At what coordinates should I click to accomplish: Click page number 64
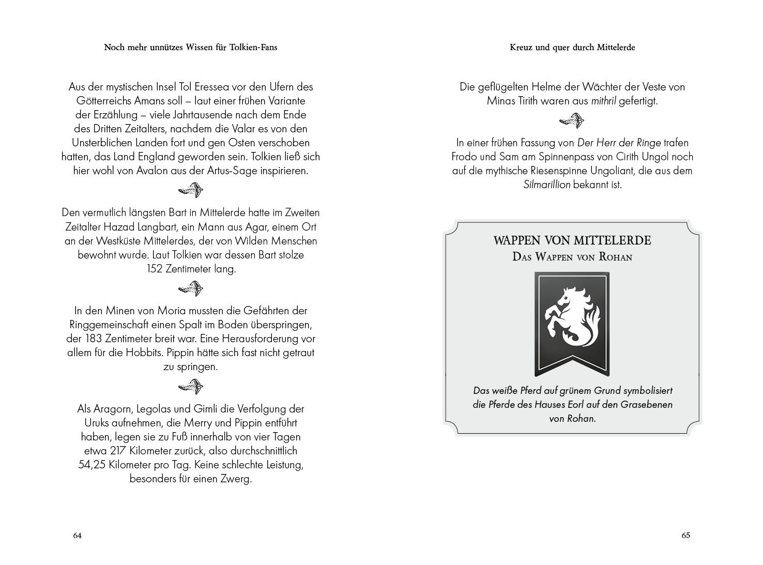coord(77,536)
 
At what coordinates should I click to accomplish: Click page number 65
coord(685,536)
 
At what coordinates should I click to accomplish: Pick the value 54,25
coord(92,465)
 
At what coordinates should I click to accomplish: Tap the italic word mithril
coord(603,101)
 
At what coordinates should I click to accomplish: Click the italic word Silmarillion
coord(547,185)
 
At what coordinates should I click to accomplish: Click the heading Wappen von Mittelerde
coord(572,240)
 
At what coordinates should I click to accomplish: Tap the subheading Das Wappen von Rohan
coord(572,257)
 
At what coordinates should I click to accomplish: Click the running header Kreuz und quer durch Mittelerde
coord(572,48)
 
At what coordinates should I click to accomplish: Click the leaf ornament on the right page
coord(572,121)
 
